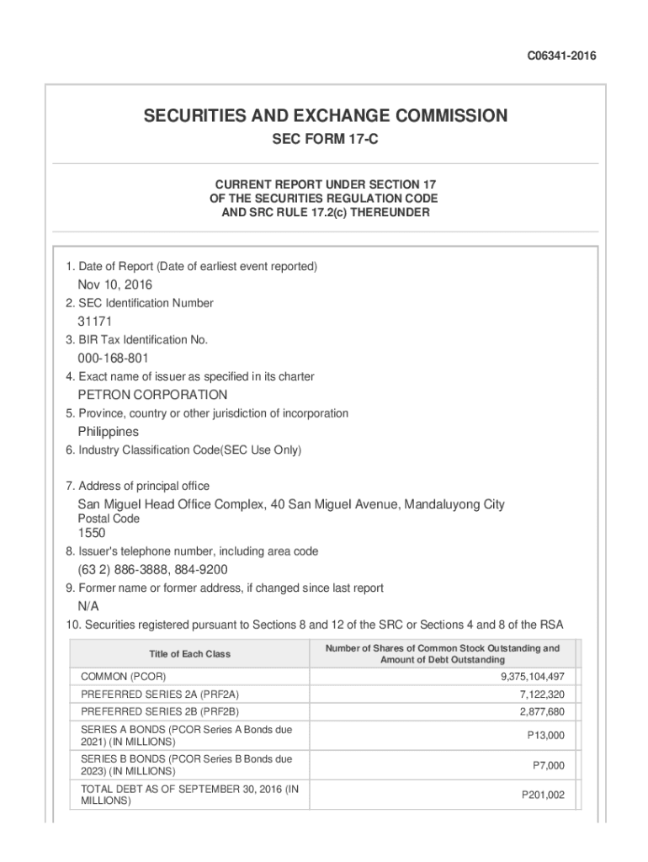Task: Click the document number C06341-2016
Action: click(x=562, y=56)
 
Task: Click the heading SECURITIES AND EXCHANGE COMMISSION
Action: click(x=325, y=116)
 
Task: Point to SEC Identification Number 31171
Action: click(x=95, y=322)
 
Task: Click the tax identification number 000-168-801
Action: click(x=114, y=359)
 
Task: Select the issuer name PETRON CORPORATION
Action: click(x=152, y=395)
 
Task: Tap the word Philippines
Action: click(x=109, y=432)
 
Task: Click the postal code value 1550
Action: click(x=92, y=533)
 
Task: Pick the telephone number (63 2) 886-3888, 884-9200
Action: click(x=153, y=570)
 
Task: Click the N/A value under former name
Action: click(x=89, y=606)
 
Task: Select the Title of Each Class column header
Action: click(x=189, y=654)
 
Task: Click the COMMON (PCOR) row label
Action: click(x=123, y=677)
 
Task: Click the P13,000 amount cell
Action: click(x=545, y=736)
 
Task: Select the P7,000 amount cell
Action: click(x=548, y=765)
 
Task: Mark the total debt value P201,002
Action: click(x=543, y=795)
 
